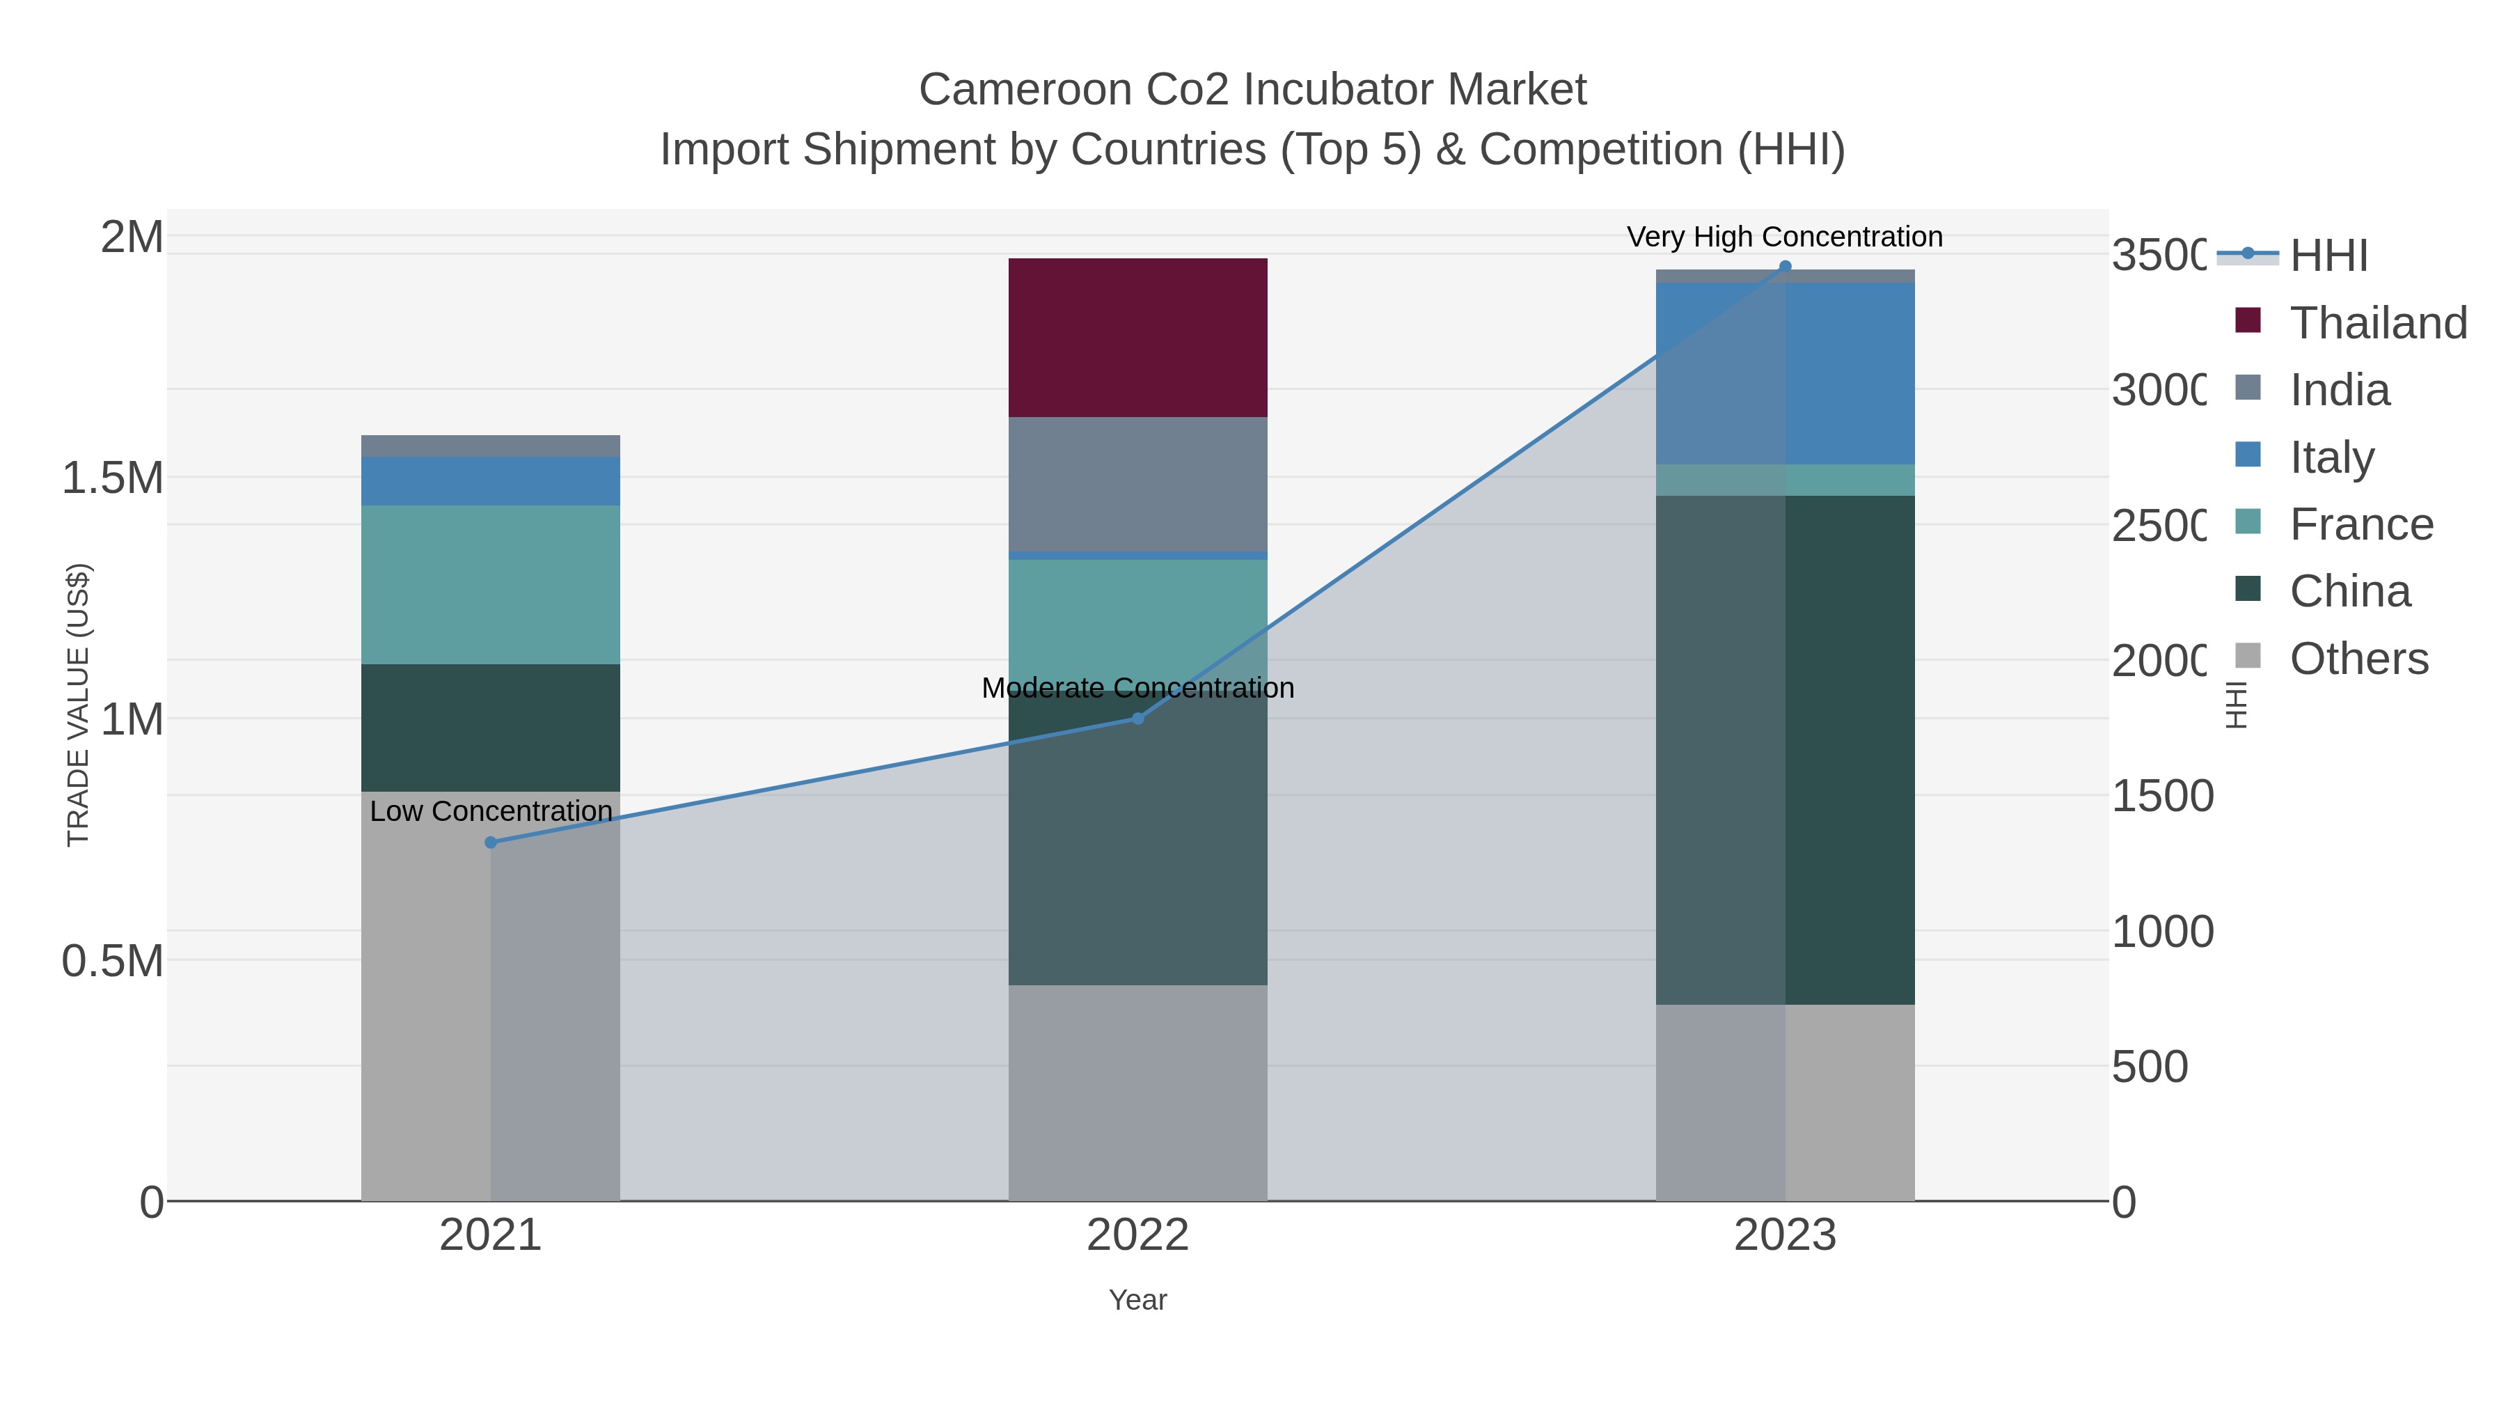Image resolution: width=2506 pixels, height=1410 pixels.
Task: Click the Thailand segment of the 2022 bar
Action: [1137, 337]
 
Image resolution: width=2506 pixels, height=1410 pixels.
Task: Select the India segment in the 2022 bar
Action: [1137, 484]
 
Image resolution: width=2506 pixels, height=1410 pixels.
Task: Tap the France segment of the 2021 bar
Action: [490, 584]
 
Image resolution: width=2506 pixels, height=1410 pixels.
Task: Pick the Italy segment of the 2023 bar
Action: [1848, 374]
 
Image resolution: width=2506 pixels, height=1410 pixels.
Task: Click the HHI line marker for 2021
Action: [490, 842]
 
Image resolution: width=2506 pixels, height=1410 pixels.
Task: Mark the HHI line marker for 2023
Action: [1784, 267]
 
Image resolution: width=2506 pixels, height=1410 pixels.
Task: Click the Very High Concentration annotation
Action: [1784, 237]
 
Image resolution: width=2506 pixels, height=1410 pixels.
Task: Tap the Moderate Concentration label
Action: [1137, 687]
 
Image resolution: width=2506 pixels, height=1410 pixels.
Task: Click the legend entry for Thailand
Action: [2378, 322]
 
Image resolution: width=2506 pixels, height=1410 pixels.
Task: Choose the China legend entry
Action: [2349, 590]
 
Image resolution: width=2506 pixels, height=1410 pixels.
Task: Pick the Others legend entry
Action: [2358, 658]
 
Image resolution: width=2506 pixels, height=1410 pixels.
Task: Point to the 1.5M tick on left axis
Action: [112, 478]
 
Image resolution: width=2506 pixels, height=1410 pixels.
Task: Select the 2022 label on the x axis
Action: [1137, 1235]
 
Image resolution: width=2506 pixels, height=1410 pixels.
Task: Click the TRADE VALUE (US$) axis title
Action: [78, 705]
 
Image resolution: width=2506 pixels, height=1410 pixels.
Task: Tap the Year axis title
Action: [1137, 1299]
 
